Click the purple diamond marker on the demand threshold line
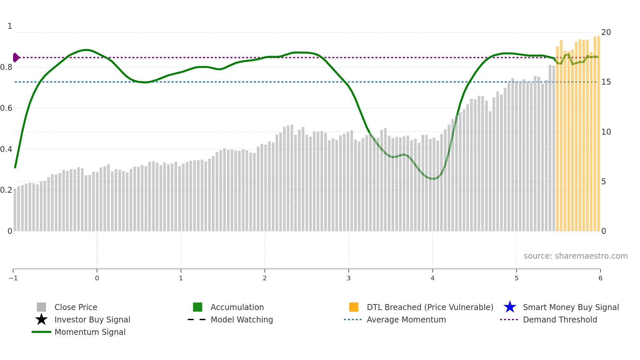pos(16,57)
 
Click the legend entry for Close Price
pos(75,307)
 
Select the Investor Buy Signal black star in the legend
pos(41,319)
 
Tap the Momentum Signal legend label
pos(90,332)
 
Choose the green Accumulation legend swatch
pos(198,307)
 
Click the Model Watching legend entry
pos(241,319)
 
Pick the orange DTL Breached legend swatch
pos(354,307)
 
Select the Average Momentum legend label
pos(406,319)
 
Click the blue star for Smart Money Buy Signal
pos(510,307)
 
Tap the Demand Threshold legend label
pos(560,319)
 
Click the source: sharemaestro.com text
pos(575,256)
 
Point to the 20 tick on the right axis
pos(606,32)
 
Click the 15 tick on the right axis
pos(606,82)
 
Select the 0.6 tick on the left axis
pos(6,108)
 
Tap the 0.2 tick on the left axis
pos(6,190)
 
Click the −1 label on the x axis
pos(13,278)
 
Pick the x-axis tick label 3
pos(349,278)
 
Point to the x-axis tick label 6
pos(600,278)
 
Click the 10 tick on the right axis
pos(606,132)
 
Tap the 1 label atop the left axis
pos(10,26)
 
